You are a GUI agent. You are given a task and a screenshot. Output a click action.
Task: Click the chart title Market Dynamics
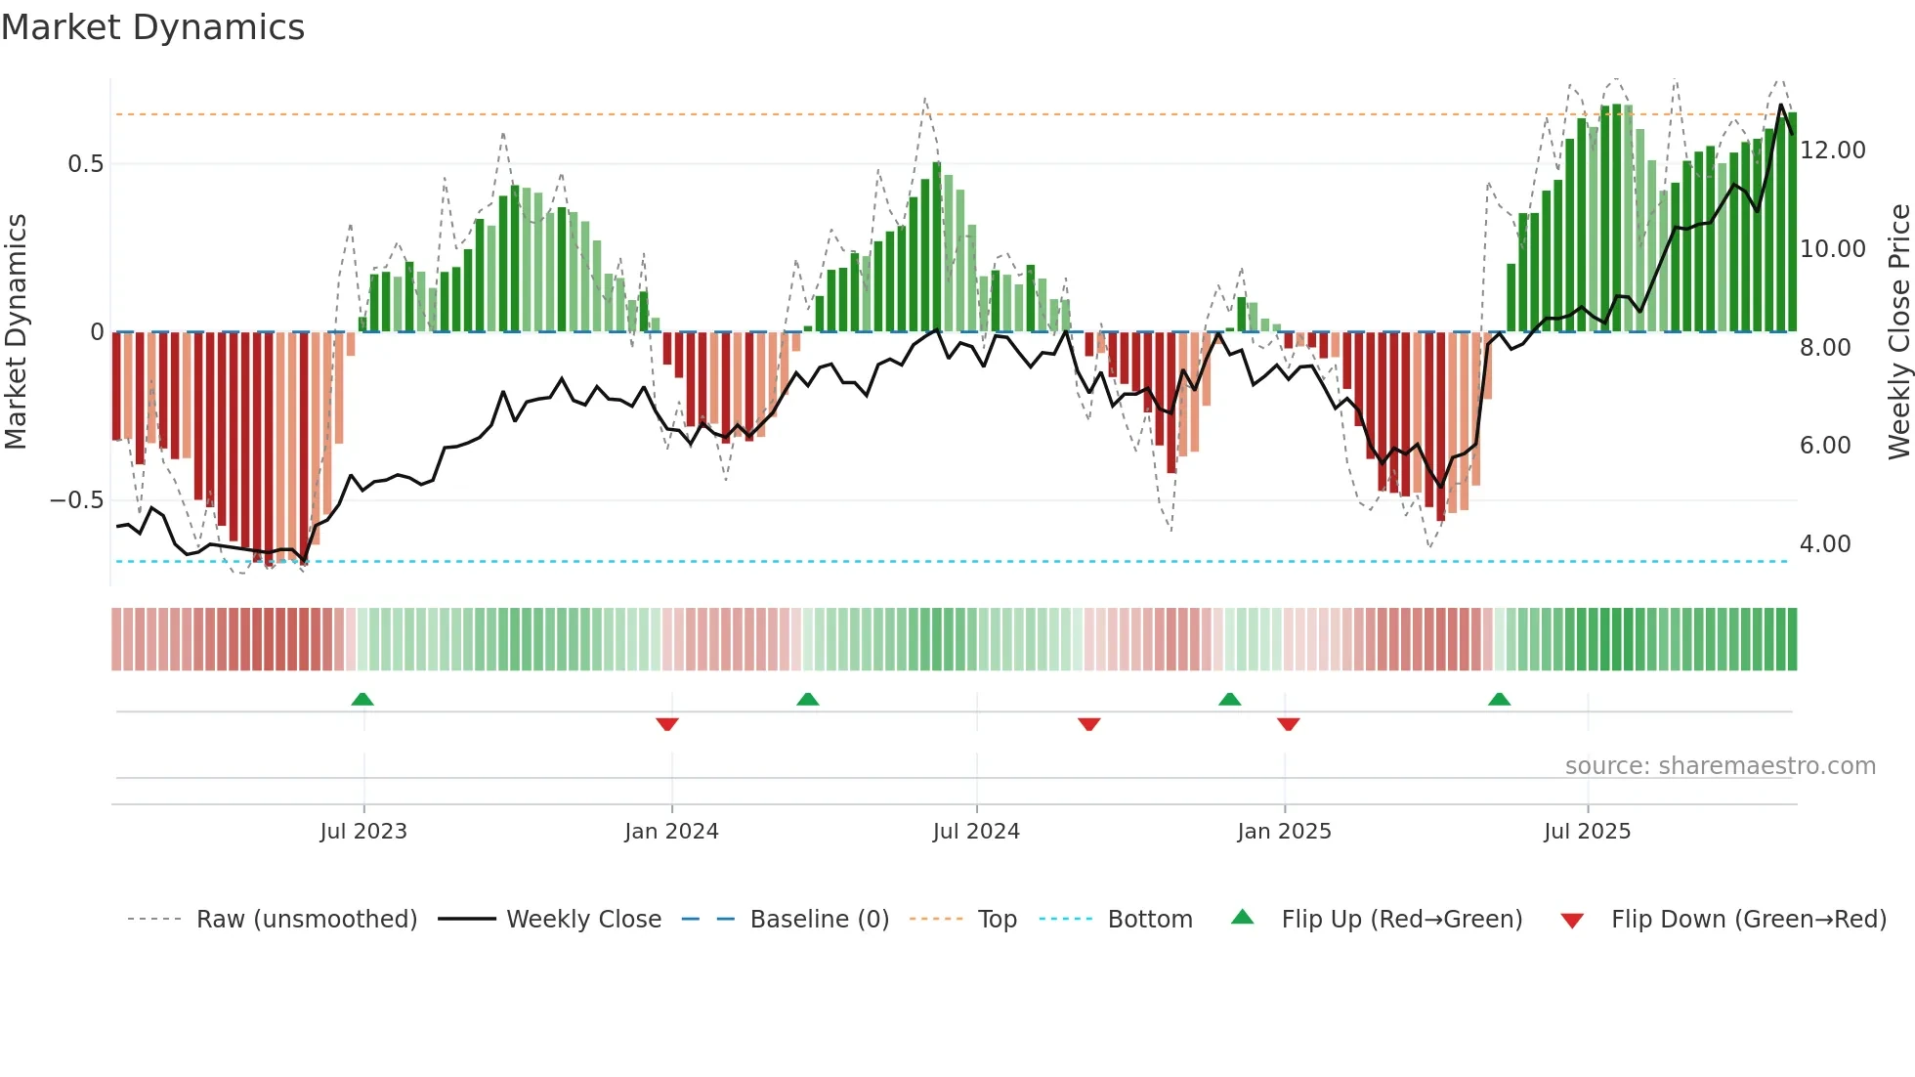coord(152,27)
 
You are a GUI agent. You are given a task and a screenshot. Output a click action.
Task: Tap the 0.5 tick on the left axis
coord(86,164)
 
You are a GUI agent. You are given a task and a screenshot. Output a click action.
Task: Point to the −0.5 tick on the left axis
coord(76,500)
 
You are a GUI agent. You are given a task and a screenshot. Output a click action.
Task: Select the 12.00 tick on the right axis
coord(1833,151)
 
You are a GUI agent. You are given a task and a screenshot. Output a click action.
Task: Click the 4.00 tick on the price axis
coord(1825,544)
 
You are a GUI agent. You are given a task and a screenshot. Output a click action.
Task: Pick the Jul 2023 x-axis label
coord(363,832)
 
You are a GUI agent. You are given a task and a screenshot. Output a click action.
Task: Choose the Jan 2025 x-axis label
coord(1284,832)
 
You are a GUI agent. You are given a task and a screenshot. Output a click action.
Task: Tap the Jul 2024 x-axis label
coord(976,832)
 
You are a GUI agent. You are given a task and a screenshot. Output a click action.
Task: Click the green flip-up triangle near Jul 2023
coord(362,700)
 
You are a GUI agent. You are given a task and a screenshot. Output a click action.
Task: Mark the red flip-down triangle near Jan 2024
coord(667,723)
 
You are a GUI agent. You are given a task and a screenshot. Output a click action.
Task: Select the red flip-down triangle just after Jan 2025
coord(1288,723)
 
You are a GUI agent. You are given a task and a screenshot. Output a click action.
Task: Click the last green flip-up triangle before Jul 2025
coord(1499,700)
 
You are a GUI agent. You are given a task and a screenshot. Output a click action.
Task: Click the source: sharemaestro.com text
coord(1720,766)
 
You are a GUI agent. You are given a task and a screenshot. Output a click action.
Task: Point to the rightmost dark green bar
coord(1792,223)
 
